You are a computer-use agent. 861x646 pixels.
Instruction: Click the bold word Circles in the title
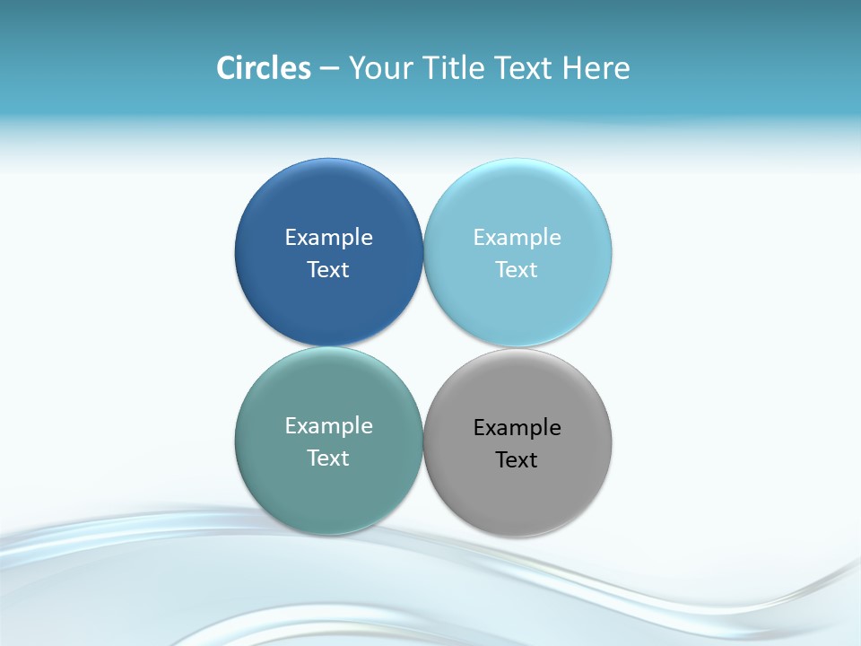click(264, 68)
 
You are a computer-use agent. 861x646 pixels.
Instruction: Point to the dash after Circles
click(329, 69)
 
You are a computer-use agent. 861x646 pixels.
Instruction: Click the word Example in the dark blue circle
click(328, 237)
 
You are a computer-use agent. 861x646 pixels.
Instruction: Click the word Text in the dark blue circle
click(328, 269)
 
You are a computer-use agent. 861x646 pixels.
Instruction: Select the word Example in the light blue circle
click(517, 237)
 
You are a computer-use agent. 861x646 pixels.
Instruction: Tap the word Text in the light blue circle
click(517, 269)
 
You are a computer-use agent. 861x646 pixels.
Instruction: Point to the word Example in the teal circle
click(328, 425)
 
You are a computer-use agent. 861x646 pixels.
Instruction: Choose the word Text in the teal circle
click(328, 458)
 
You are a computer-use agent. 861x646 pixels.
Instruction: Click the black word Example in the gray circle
click(517, 427)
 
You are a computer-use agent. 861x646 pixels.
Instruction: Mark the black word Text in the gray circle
click(517, 459)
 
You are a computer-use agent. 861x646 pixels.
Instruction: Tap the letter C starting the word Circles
click(226, 68)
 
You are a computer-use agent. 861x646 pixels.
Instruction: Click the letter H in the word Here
click(571, 68)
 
